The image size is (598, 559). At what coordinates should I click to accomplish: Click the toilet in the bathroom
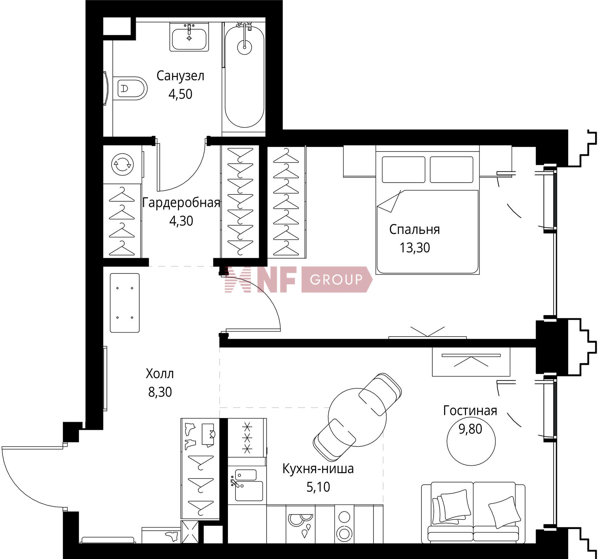(130, 88)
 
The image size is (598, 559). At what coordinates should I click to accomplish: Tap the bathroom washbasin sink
(189, 37)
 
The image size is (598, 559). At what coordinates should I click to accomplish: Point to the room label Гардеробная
(181, 203)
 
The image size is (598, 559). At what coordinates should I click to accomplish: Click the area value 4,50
(180, 94)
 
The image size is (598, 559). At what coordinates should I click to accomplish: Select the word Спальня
(415, 230)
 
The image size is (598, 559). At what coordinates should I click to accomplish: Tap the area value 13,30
(415, 248)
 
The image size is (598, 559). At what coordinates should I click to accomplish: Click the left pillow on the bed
(403, 170)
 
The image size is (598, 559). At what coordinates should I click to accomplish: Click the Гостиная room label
(470, 411)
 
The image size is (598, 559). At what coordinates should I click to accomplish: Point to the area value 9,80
(470, 429)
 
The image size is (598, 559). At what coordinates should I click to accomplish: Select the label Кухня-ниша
(318, 468)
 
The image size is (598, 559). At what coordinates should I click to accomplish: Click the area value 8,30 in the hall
(160, 392)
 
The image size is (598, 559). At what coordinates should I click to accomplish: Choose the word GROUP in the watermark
(336, 279)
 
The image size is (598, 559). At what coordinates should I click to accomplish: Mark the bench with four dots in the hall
(125, 303)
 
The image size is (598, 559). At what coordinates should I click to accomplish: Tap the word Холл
(160, 374)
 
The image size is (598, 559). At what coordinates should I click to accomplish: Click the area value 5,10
(318, 487)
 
